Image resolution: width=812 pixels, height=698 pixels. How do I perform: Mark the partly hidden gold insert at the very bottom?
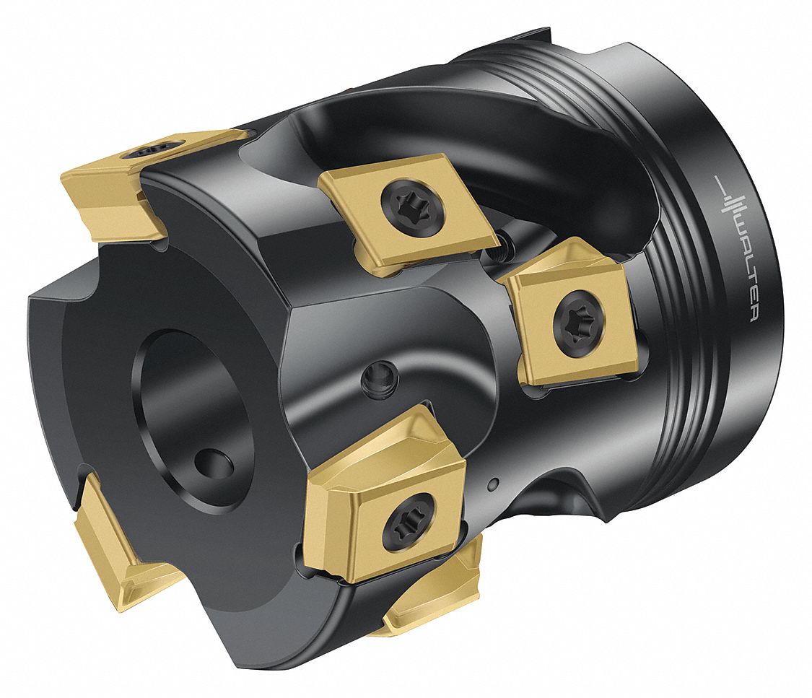(433, 599)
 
